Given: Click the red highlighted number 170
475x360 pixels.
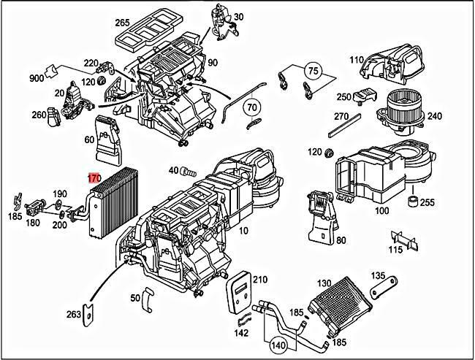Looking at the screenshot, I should tap(94, 178).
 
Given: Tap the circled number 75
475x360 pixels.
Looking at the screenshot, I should tap(313, 71).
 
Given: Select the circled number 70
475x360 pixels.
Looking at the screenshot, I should tap(252, 108).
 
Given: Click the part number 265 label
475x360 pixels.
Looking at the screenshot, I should tap(122, 22).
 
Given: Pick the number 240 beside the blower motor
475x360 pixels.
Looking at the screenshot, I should tap(435, 116).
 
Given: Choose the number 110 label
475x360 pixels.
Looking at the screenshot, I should tap(356, 60).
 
